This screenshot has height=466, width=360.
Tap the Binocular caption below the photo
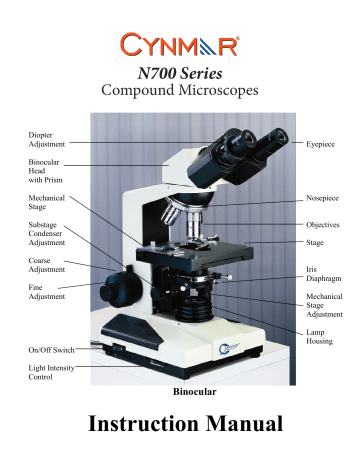[180, 393]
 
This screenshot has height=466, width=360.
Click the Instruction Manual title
[180, 431]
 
